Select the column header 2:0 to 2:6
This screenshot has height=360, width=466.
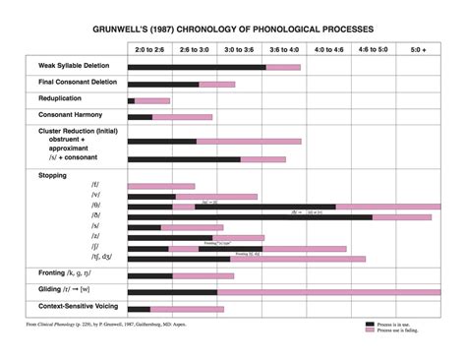pyautogui.click(x=149, y=48)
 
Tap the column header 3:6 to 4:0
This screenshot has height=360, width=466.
pyautogui.click(x=283, y=48)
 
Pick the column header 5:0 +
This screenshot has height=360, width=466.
pyautogui.click(x=418, y=48)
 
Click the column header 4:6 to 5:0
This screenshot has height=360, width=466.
pyautogui.click(x=373, y=48)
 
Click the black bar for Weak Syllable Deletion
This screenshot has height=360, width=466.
pyautogui.click(x=196, y=67)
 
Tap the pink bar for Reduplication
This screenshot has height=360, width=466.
pyautogui.click(x=153, y=100)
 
